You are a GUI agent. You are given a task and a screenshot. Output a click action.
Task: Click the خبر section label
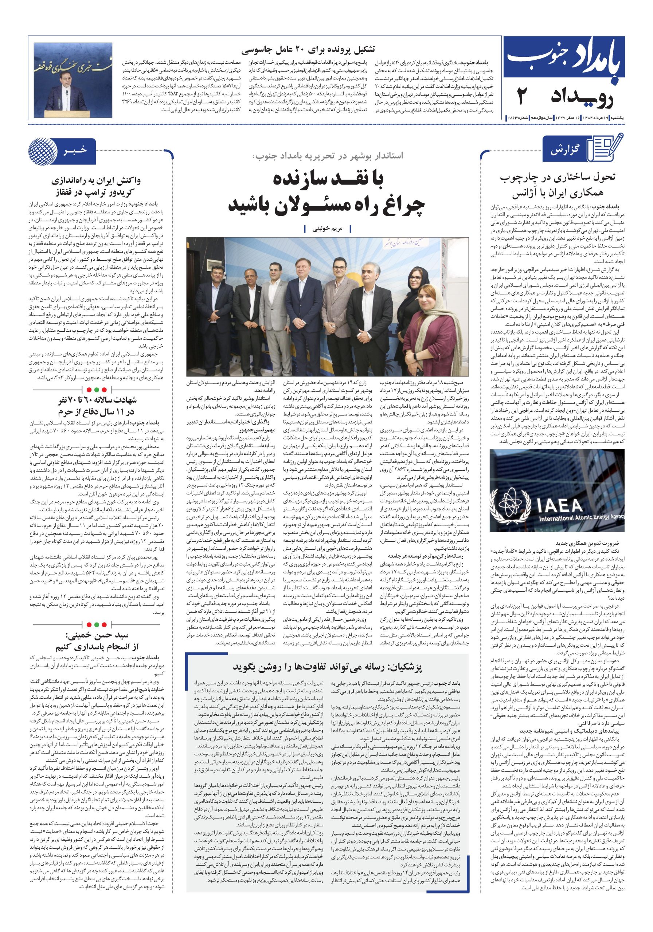click(75, 151)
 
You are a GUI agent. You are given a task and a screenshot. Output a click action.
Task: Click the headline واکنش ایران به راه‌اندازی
click(96, 181)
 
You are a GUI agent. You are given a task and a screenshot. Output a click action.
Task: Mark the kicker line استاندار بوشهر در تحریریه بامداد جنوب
click(328, 155)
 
